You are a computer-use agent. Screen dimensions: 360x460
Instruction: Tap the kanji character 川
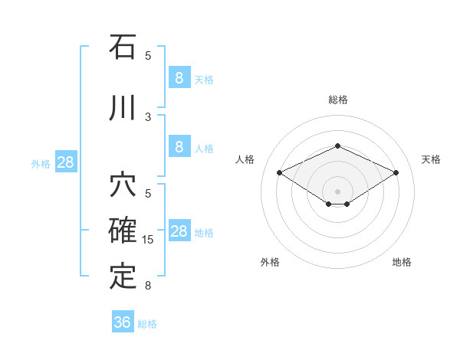tap(123, 107)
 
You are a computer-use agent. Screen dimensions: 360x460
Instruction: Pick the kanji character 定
tap(123, 276)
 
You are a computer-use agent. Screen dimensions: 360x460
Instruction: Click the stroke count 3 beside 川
tap(148, 116)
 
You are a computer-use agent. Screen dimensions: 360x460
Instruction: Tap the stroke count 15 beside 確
tap(148, 240)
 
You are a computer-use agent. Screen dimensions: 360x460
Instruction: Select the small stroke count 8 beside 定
tap(148, 286)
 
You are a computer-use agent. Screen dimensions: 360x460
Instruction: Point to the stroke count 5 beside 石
tap(148, 55)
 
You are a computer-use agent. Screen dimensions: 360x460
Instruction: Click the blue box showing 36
tap(122, 322)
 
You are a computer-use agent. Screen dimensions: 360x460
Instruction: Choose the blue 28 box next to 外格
tap(65, 162)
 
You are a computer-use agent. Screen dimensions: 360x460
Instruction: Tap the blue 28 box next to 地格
tap(179, 231)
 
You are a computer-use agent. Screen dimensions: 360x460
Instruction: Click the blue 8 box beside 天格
tap(179, 77)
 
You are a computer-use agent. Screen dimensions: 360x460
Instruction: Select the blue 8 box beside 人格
tap(179, 147)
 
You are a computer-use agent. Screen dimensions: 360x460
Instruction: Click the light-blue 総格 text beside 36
tap(147, 324)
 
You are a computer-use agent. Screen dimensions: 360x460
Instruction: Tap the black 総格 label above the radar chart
tap(337, 100)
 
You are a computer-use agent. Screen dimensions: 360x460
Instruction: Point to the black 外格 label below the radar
tap(270, 262)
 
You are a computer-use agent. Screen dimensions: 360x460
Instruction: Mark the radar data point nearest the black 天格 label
tap(396, 173)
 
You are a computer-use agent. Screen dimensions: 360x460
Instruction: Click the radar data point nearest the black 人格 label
tap(280, 173)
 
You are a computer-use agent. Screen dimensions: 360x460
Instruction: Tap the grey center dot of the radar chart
tap(337, 190)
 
